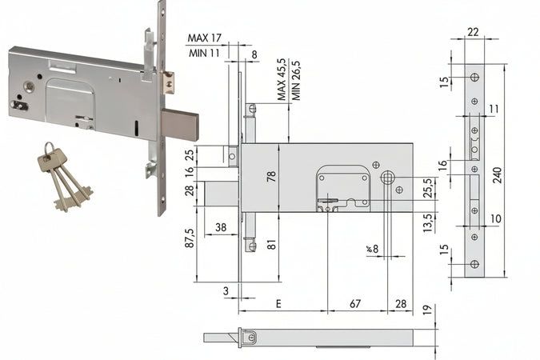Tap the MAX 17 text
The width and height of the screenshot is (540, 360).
point(205,38)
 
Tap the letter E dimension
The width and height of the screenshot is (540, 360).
point(278,304)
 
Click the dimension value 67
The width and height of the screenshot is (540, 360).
point(355,304)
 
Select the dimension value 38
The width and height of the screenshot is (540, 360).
point(221,227)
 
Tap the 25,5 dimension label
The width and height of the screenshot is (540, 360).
point(429,189)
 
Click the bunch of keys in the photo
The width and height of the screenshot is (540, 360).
point(61,175)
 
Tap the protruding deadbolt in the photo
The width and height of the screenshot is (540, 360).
point(179,125)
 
